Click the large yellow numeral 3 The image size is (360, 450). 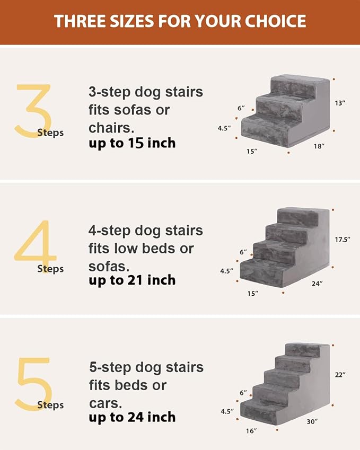pos(33,111)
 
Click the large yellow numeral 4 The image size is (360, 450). pos(35,245)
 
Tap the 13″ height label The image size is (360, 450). pos(340,103)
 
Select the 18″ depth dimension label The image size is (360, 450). pos(319,146)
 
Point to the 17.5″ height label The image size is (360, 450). pos(343,240)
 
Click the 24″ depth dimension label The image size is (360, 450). pos(318,284)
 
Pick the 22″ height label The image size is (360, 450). pos(340,375)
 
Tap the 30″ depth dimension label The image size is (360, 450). pos(312,421)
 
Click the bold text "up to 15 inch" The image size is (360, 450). pos(132,143)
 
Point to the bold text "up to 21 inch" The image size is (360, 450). pos(132,280)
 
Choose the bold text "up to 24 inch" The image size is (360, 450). pos(132,417)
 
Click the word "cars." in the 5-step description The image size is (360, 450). pos(105,402)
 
